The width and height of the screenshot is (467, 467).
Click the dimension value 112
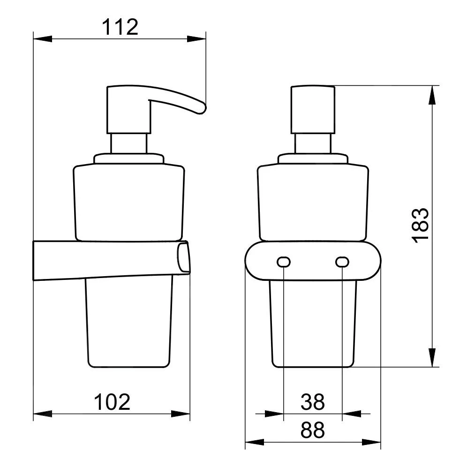[x=120, y=27]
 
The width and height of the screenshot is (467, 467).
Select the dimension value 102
[x=112, y=402]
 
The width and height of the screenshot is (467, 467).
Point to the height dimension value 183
[x=420, y=226]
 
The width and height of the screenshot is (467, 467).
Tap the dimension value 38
[x=312, y=402]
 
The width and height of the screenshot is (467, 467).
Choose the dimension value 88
[x=312, y=430]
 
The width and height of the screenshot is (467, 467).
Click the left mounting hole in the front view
[x=284, y=262]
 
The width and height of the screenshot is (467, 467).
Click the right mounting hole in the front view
[x=342, y=262]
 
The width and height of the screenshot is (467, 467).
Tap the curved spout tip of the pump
[x=201, y=109]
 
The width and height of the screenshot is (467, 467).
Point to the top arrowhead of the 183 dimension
[x=432, y=95]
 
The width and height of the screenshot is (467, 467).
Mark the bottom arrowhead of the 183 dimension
[x=432, y=357]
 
